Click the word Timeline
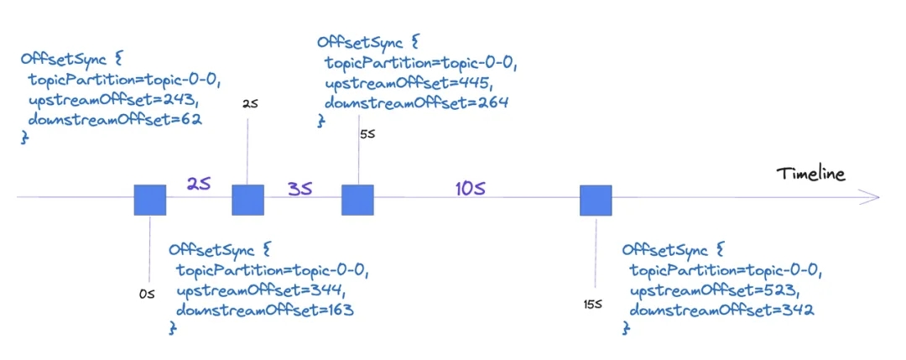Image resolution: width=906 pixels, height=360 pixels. [810, 175]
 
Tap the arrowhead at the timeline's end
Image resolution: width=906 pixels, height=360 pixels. [872, 198]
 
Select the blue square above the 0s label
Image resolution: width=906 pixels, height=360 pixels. [150, 201]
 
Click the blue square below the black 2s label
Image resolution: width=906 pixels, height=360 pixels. [247, 201]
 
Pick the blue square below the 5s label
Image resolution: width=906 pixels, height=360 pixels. [357, 201]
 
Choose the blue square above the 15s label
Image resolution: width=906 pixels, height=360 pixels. [596, 201]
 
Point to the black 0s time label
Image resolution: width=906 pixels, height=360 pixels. [147, 295]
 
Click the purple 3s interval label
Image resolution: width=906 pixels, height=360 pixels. [300, 189]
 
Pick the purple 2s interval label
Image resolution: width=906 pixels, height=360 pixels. [199, 184]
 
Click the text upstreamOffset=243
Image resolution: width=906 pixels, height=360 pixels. [111, 100]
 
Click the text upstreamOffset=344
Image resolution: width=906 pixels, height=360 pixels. [259, 290]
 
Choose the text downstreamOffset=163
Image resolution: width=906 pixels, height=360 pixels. [264, 310]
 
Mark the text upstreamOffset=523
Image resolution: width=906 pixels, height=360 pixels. [712, 290]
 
